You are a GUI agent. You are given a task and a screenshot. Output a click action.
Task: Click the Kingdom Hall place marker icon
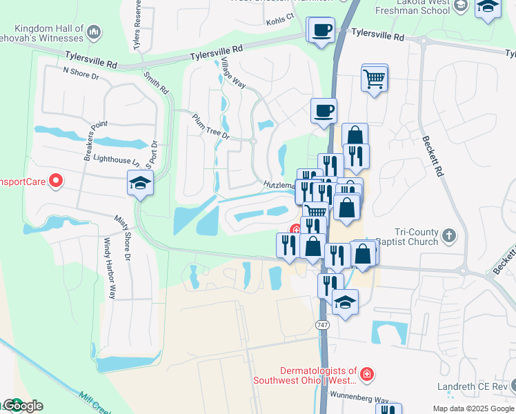[x=94, y=32]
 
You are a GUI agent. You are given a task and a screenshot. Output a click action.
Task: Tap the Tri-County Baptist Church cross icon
[x=448, y=235]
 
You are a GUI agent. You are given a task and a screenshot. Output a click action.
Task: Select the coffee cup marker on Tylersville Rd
[x=321, y=31]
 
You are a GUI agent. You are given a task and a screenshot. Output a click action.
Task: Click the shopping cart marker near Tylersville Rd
[x=374, y=78]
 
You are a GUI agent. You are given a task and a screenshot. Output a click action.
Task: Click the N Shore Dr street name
[x=81, y=72]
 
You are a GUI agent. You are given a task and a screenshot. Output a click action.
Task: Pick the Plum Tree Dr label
[x=210, y=126]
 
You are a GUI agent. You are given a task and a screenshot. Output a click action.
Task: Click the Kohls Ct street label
[x=280, y=23]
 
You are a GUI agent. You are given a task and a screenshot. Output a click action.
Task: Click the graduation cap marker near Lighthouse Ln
[x=140, y=184]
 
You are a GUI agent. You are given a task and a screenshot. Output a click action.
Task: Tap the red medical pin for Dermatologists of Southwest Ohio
[x=368, y=375]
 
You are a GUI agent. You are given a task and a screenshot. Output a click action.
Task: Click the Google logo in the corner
[x=22, y=406]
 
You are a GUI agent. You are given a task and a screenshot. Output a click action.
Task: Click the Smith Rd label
[x=156, y=81]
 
